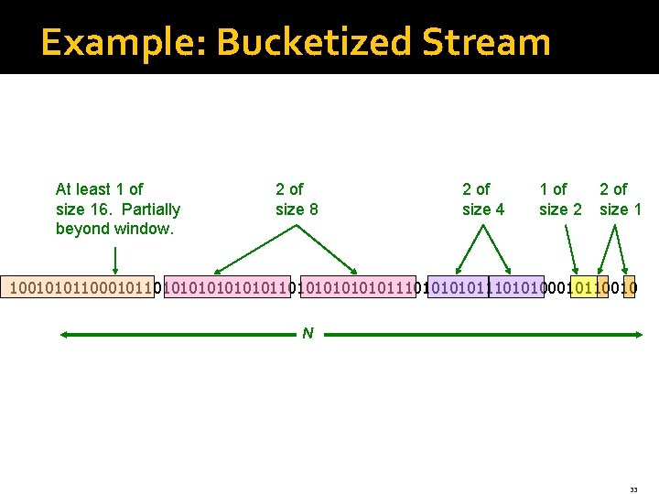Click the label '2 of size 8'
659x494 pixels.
pos(297,199)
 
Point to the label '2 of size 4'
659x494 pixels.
pos(482,199)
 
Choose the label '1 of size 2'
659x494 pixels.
pos(559,199)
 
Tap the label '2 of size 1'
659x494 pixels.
pos(620,199)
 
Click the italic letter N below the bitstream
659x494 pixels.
pos(308,334)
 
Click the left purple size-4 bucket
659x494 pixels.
pos(458,287)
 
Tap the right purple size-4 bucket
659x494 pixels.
pos(516,287)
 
